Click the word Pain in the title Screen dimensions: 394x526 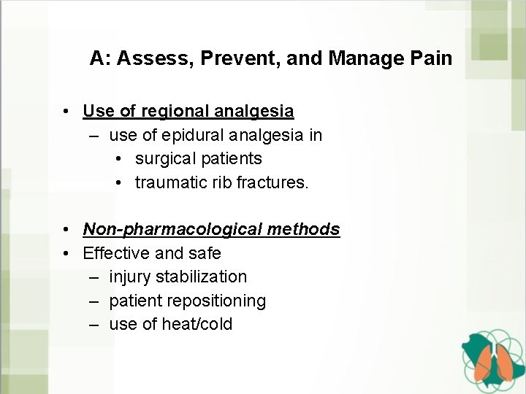(x=432, y=58)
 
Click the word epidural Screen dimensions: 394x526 (x=193, y=135)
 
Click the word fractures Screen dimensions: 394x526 (x=273, y=182)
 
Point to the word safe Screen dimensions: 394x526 (x=205, y=253)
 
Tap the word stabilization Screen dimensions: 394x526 (x=202, y=277)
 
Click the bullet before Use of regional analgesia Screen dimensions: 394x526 (x=66, y=112)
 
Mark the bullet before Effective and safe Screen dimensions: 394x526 (x=66, y=253)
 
